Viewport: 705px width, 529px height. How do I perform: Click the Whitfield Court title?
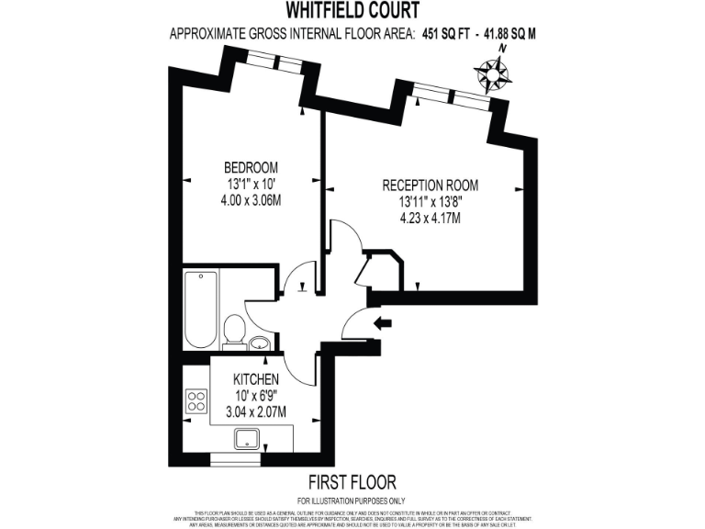point(352,12)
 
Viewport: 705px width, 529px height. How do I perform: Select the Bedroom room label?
point(251,167)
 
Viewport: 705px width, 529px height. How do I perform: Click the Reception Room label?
point(430,185)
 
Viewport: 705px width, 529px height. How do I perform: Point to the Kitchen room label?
point(256,379)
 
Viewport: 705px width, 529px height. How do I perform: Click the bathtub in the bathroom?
point(198,309)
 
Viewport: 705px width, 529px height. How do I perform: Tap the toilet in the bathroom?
point(234,329)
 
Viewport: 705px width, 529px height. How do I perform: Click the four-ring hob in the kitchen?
point(196,400)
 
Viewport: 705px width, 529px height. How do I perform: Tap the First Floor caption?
point(352,481)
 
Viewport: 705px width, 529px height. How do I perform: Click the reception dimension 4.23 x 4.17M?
point(430,218)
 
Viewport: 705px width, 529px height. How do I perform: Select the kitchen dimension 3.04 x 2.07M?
point(256,412)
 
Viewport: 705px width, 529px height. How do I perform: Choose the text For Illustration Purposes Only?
point(352,499)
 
